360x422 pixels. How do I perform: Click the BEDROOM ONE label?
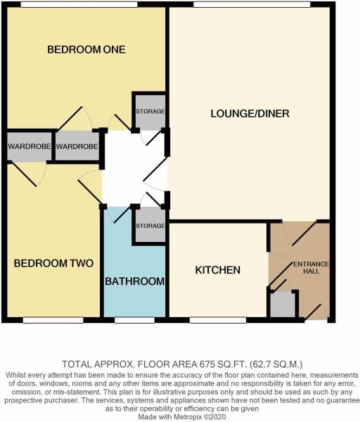(x=86, y=49)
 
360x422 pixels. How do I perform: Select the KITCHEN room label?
(x=218, y=270)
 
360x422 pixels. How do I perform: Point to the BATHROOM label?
(x=135, y=281)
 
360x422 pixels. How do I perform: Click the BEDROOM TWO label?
(x=54, y=264)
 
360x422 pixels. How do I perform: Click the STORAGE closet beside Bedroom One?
(x=150, y=111)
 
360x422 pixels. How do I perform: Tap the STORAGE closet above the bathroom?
(x=150, y=226)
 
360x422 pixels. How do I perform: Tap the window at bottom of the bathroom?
(x=134, y=320)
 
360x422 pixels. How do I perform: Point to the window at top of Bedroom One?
(x=77, y=6)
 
